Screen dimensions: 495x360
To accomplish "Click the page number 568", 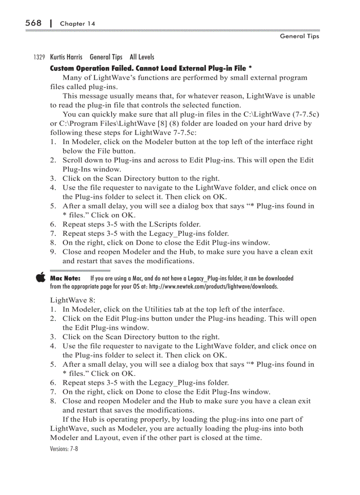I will click(x=33, y=23).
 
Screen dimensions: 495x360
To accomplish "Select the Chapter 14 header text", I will click(x=77, y=24).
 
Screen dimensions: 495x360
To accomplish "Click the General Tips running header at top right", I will click(x=299, y=36).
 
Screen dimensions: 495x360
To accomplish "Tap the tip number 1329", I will click(x=39, y=57).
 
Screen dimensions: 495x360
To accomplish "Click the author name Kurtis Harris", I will click(x=66, y=57).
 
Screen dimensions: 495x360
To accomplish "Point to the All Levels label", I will click(x=142, y=57).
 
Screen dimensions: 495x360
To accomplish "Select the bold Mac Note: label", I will click(x=65, y=279).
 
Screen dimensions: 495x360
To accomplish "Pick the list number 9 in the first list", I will click(x=52, y=252).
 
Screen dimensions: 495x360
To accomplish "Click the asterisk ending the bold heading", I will click(x=250, y=68).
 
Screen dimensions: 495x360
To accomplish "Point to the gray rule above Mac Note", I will click(x=80, y=270).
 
